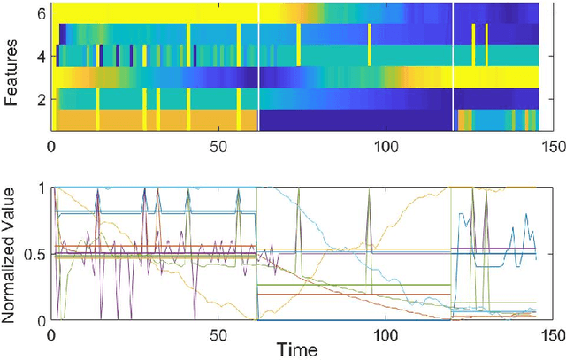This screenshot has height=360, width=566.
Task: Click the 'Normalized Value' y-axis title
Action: (x=11, y=253)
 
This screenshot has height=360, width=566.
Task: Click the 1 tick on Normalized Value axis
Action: (x=38, y=188)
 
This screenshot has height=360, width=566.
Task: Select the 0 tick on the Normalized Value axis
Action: (x=38, y=319)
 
